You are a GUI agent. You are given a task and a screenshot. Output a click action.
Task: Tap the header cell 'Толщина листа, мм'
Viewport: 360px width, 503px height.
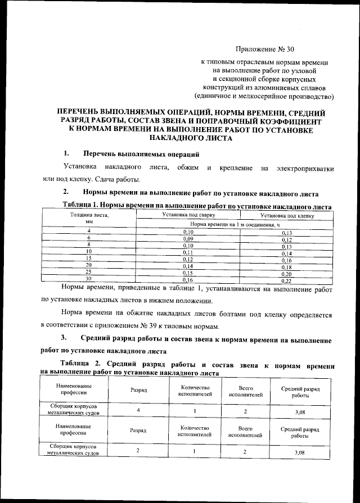tap(88, 219)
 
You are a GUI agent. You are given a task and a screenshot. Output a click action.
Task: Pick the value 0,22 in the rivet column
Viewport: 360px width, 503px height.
tap(286, 280)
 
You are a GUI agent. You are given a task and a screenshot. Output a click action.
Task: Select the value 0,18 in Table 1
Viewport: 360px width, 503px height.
tap(286, 266)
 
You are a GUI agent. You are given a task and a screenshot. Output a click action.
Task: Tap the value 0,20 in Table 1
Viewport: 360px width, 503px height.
tap(286, 273)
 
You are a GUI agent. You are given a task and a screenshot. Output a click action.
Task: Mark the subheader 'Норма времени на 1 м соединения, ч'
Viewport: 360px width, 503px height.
tap(237, 224)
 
